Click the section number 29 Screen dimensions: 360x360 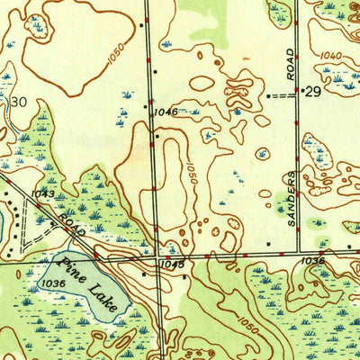tap(313, 93)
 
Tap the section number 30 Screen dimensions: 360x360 tap(18, 103)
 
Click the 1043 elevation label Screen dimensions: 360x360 tap(41, 193)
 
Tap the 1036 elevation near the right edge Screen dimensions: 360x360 tap(313, 260)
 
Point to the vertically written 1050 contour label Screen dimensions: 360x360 tap(192, 172)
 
